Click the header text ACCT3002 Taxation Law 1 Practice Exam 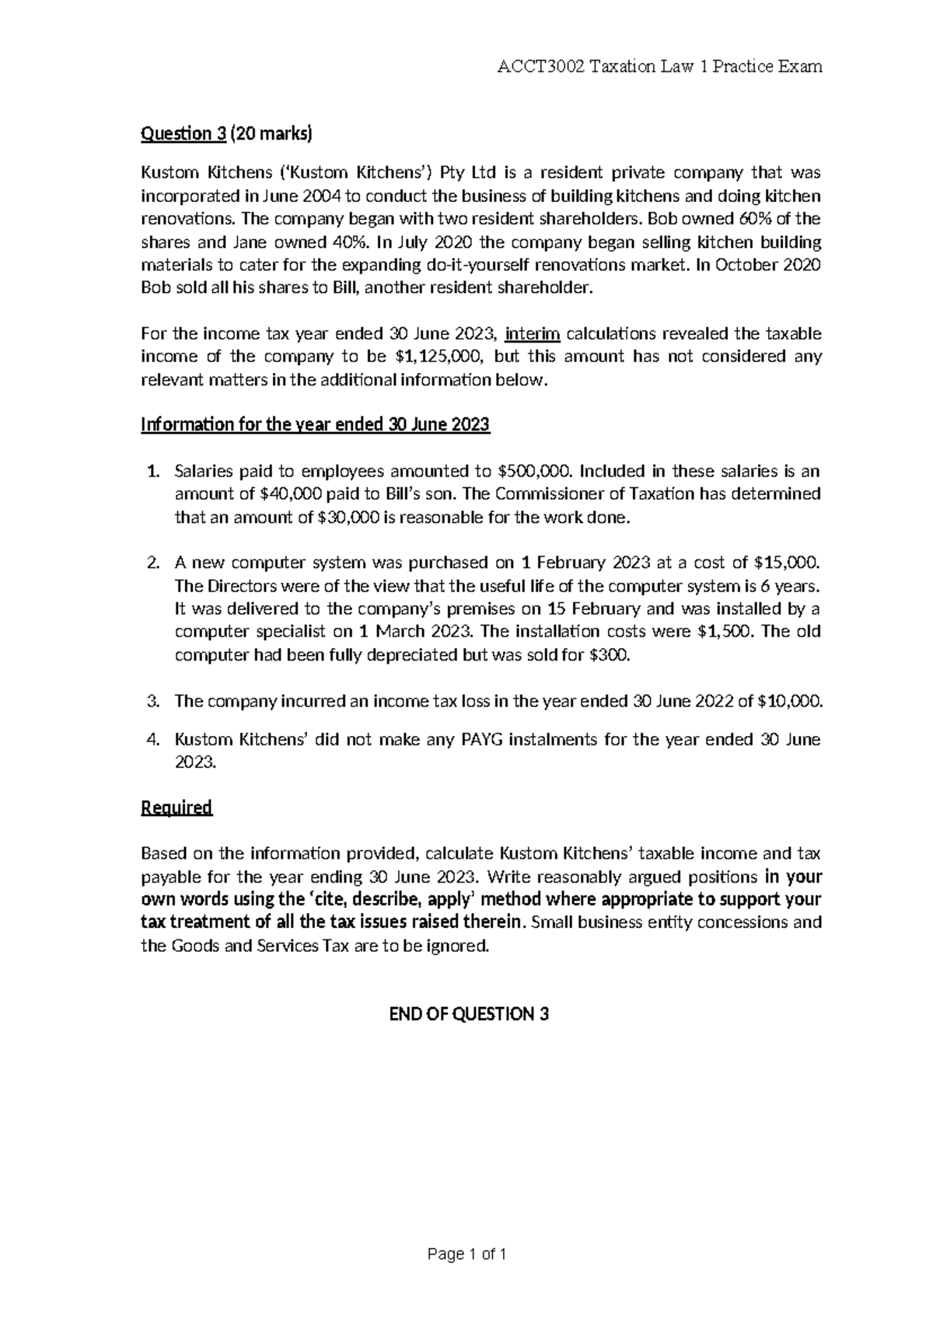coord(659,67)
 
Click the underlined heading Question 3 coord(183,135)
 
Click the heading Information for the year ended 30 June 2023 coord(315,425)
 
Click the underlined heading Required coord(176,808)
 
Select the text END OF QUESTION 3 coord(468,1015)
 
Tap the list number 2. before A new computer coord(152,563)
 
